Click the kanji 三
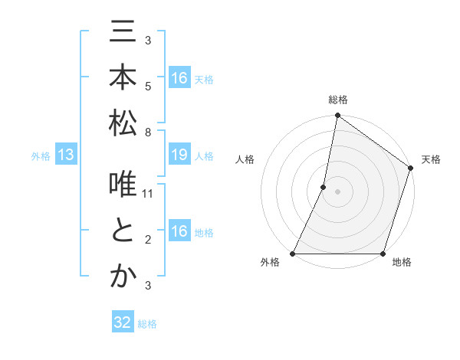click(123, 34)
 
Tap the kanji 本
click(123, 78)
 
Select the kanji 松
click(123, 123)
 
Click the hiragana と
click(123, 231)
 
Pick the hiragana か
click(123, 277)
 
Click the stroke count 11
click(149, 194)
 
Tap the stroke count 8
click(148, 132)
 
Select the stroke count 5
click(148, 86)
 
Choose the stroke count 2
click(148, 240)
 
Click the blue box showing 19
click(179, 155)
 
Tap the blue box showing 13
click(65, 155)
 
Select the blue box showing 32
click(123, 323)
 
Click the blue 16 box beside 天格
click(179, 78)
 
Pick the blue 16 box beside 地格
click(179, 232)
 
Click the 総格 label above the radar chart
click(337, 100)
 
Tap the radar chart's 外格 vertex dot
click(293, 254)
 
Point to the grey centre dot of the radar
click(337, 191)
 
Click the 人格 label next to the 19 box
click(204, 156)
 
